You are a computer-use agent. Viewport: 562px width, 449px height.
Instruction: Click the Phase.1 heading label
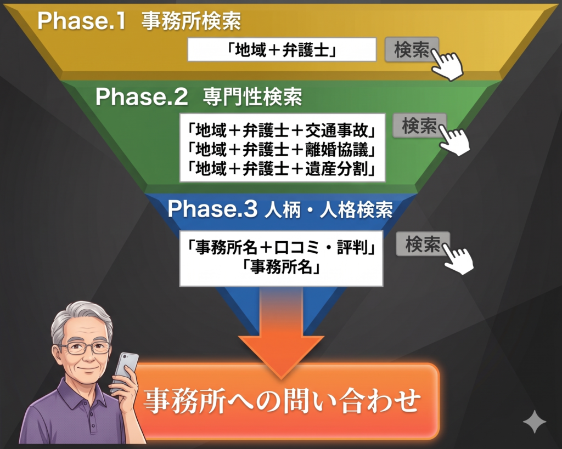coord(139,21)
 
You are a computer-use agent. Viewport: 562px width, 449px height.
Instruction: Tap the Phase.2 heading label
coord(199,96)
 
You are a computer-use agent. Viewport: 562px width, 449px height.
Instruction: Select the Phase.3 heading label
coord(280,208)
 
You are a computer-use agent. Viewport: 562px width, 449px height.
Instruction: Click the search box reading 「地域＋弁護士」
coord(282,49)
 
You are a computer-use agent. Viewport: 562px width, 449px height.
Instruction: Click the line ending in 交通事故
coord(282,130)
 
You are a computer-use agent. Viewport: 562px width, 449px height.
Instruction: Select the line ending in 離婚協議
coord(282,149)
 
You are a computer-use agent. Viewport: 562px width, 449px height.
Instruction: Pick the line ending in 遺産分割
coord(282,169)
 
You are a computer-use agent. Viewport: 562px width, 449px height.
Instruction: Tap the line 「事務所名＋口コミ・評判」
coord(282,247)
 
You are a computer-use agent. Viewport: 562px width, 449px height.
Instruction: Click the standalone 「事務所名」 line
coord(282,267)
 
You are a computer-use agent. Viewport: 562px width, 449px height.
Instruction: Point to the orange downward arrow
coord(282,333)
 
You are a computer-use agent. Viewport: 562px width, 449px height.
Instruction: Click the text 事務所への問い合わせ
coord(282,400)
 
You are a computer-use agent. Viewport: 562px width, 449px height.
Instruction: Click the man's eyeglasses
coord(85,348)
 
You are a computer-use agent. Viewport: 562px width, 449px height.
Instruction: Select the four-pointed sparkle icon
coord(535,422)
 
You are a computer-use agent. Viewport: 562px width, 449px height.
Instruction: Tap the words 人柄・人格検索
coord(329,209)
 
